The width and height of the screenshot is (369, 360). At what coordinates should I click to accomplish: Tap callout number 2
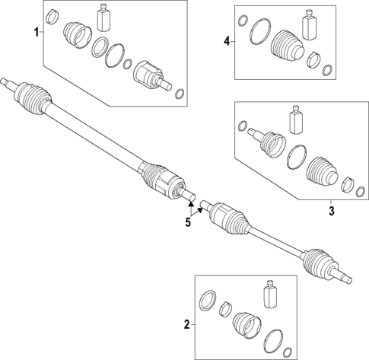click(x=186, y=325)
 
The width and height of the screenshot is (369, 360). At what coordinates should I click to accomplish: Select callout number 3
click(x=331, y=210)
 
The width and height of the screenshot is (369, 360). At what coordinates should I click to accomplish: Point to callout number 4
click(x=226, y=41)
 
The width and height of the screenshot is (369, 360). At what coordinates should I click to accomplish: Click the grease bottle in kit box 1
click(x=104, y=18)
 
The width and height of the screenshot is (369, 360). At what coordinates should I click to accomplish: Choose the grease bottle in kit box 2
click(x=269, y=295)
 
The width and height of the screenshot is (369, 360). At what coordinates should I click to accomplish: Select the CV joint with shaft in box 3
click(x=266, y=140)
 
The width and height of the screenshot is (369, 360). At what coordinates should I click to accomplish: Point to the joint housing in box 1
click(x=148, y=77)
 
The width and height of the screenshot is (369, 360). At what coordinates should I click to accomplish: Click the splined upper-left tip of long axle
click(x=7, y=80)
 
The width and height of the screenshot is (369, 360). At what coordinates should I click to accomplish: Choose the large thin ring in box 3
click(x=295, y=159)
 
